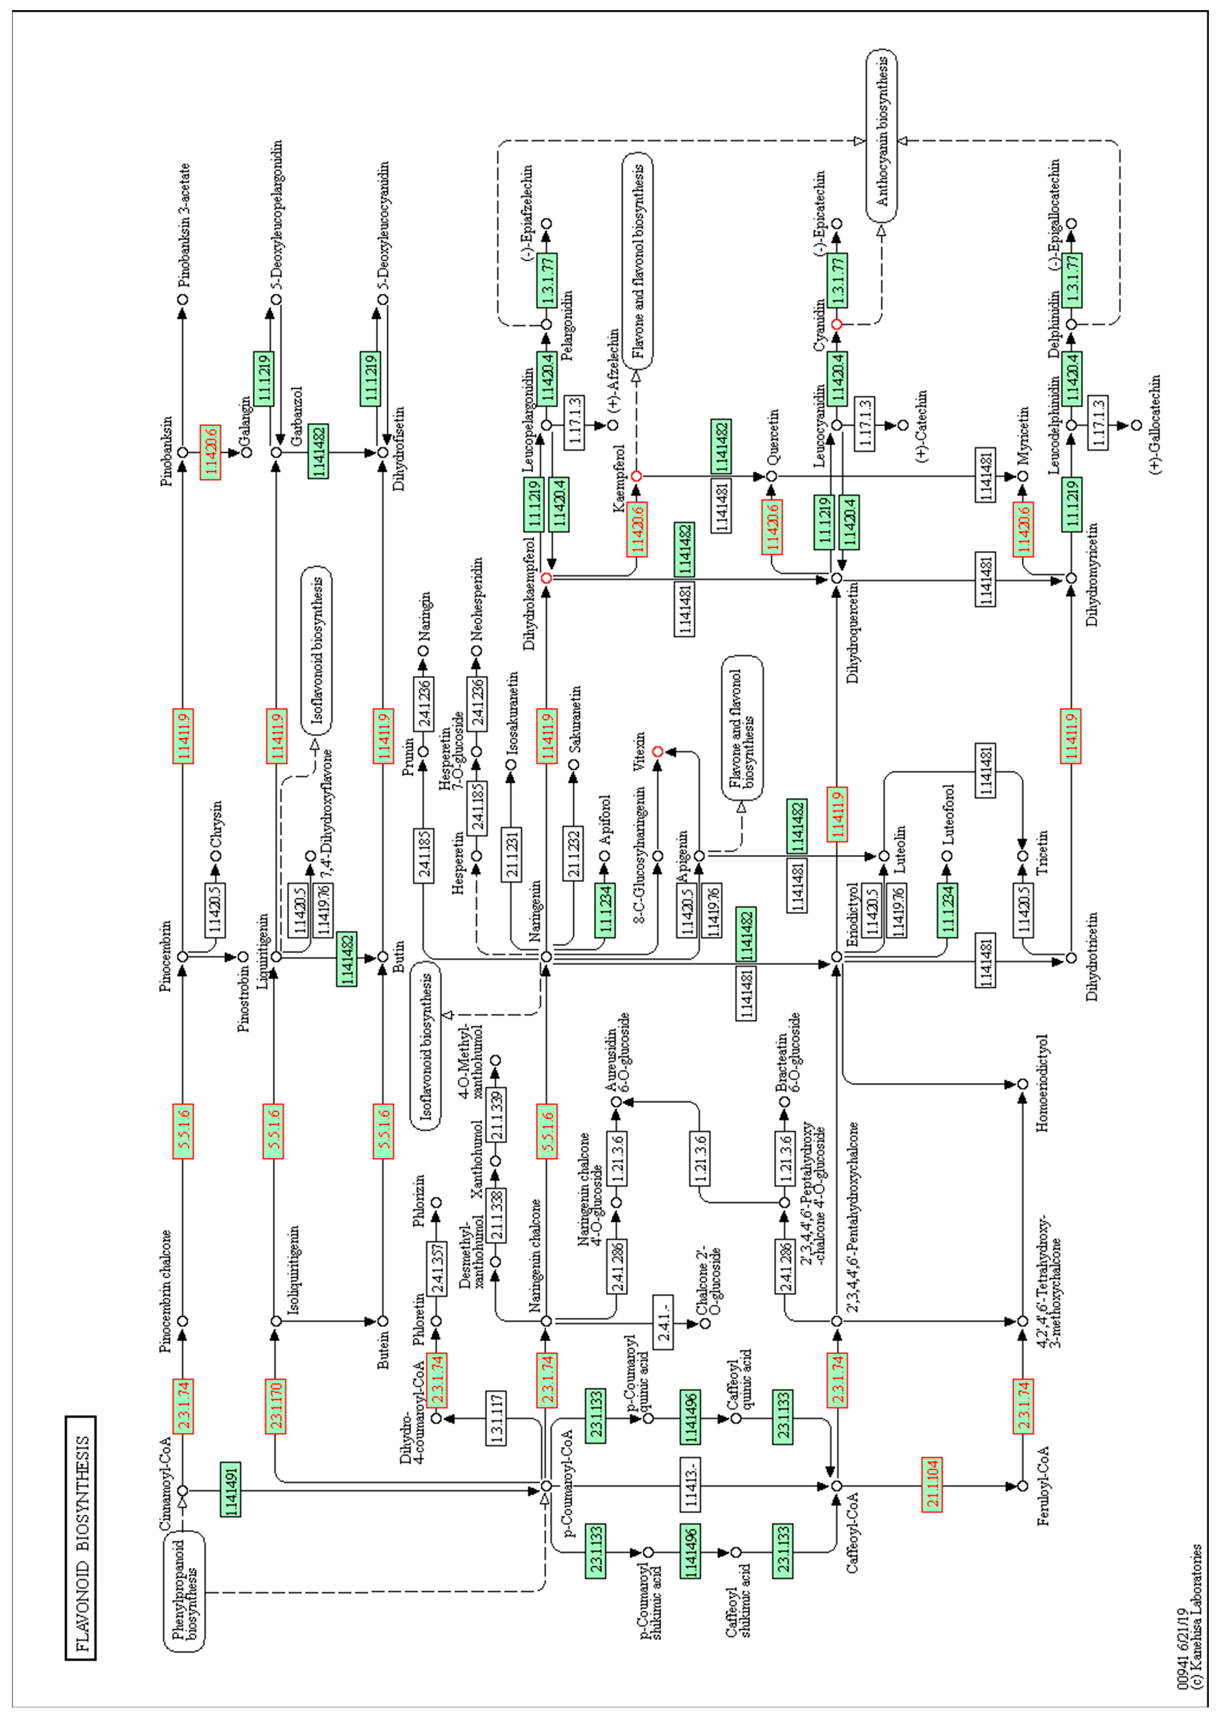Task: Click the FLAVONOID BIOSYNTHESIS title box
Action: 80,1539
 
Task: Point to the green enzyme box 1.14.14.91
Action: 230,1490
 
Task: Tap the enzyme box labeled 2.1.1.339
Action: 496,1115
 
